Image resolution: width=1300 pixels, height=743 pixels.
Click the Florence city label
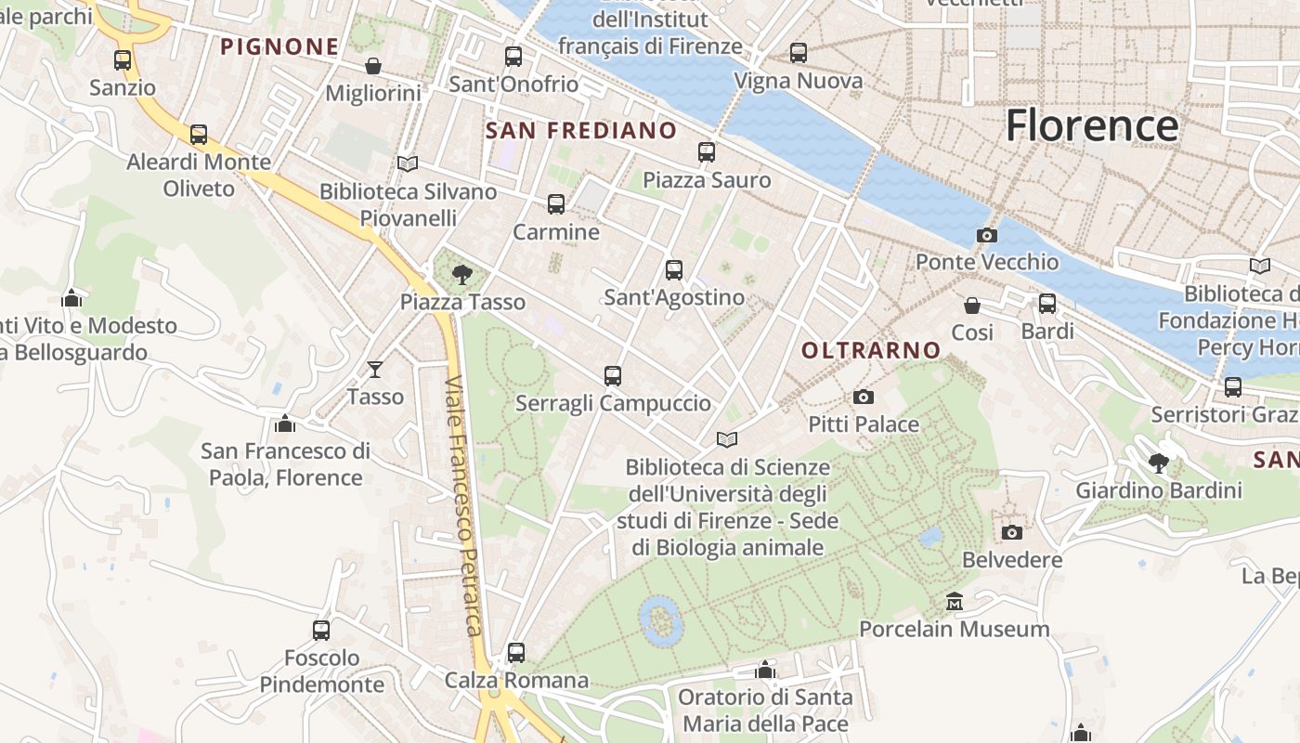click(1092, 125)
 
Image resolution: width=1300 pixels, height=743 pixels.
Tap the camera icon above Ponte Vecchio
click(987, 235)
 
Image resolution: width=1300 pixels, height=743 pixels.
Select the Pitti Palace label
click(864, 424)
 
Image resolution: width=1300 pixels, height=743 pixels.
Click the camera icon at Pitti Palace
click(863, 398)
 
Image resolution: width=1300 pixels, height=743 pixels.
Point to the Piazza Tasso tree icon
click(461, 274)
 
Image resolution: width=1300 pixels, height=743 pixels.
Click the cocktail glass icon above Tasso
click(375, 370)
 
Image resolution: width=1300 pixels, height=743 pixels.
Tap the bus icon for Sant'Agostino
click(674, 270)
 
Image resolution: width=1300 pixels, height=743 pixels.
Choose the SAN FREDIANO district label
click(581, 130)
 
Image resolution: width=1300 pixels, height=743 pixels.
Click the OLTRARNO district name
click(871, 350)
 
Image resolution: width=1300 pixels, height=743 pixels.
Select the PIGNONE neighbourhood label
click(279, 46)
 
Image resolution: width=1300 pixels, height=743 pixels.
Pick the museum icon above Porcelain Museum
click(954, 602)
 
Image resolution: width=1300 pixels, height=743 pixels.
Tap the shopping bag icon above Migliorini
click(372, 66)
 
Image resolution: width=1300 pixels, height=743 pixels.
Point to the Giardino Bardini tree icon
click(1158, 463)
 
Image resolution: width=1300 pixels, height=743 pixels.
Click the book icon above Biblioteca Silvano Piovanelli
click(407, 163)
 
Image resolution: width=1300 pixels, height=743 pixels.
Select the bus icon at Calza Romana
click(516, 653)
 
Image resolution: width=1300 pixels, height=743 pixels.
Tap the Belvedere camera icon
click(1012, 533)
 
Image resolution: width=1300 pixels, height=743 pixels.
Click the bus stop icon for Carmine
click(556, 204)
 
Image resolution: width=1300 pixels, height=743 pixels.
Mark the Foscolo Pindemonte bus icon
click(321, 631)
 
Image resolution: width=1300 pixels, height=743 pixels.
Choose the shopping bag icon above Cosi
click(972, 305)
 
